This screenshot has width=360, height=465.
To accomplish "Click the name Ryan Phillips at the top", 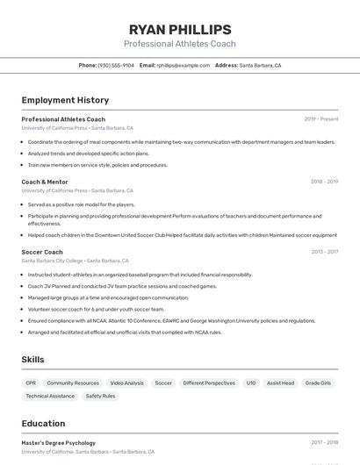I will coord(180,29).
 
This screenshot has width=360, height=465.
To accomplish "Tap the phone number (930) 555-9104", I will coord(116,65).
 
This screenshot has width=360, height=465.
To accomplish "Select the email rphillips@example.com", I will coord(184,65).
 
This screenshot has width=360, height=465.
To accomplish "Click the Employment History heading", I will coord(65,100).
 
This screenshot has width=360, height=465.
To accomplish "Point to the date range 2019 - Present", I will coord(321,118).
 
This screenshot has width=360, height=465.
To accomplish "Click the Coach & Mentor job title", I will coord(45,182).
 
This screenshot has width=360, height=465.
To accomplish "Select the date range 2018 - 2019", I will coord(324,182).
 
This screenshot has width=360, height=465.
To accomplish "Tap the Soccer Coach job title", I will coord(42,252).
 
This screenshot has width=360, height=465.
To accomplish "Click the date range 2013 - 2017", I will coord(324,252).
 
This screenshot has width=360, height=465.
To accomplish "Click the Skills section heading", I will coord(33,360).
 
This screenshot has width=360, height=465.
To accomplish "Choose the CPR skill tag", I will coord(31,383).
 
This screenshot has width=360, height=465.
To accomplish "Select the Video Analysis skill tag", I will coord(126,383).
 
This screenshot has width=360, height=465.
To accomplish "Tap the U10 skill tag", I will coord(251,383).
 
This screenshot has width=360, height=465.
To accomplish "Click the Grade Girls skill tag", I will coord(318,383).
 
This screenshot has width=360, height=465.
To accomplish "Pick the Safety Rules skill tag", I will coord(100,396).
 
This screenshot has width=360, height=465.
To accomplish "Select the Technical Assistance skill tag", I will coord(50,396).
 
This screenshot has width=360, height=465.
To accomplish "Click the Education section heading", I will coord(43,424).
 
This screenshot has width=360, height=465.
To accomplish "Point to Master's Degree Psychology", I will coord(58,443).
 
